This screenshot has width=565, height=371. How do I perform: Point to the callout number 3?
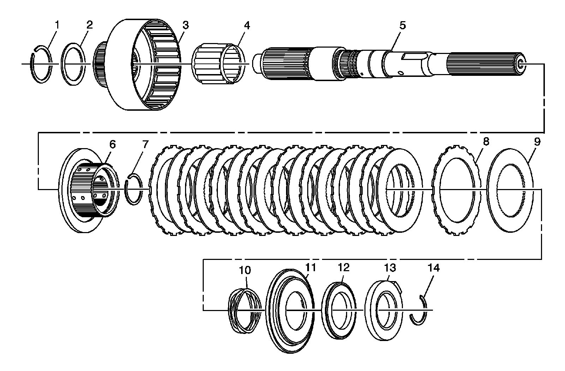[185, 25]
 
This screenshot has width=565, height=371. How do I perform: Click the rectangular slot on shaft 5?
[413, 56]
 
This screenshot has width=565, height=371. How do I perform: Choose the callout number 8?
[486, 141]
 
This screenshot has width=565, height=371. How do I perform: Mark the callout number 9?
[537, 141]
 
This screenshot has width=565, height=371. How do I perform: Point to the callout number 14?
[434, 268]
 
